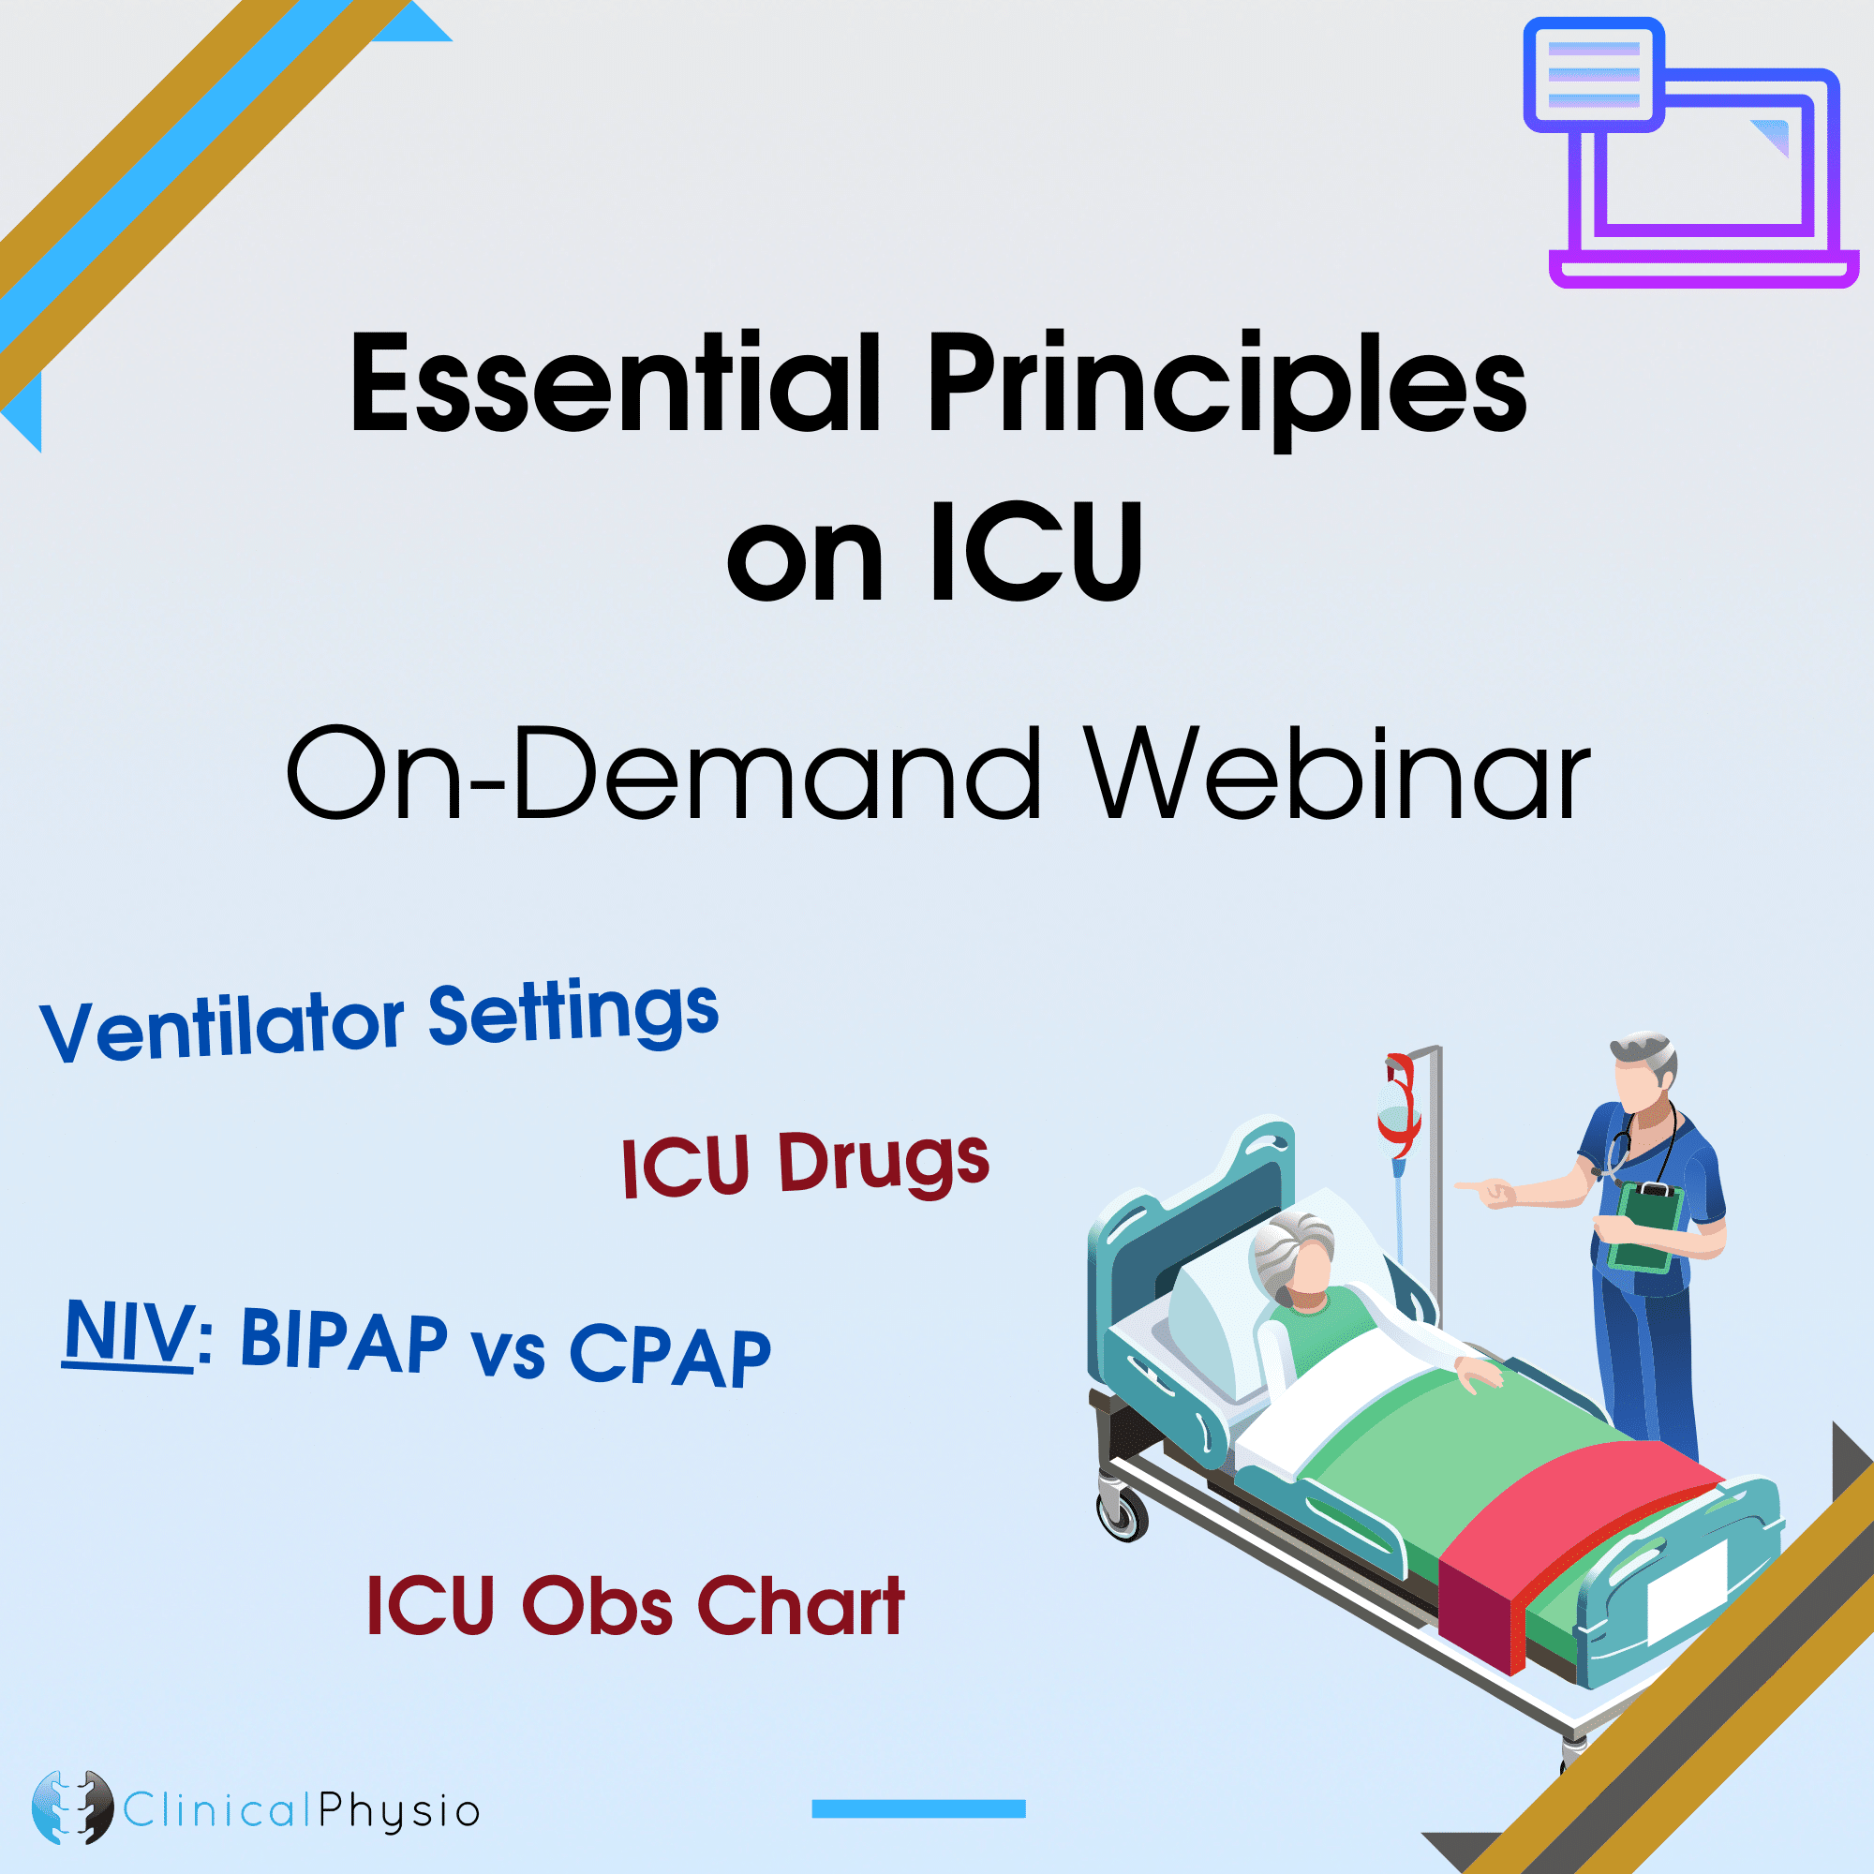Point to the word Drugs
(883, 1161)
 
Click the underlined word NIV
(129, 1332)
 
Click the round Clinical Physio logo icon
(71, 1807)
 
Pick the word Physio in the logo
(398, 1812)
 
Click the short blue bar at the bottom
(918, 1808)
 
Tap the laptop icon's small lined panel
(1594, 75)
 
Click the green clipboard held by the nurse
(1646, 1226)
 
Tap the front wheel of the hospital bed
(1123, 1516)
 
